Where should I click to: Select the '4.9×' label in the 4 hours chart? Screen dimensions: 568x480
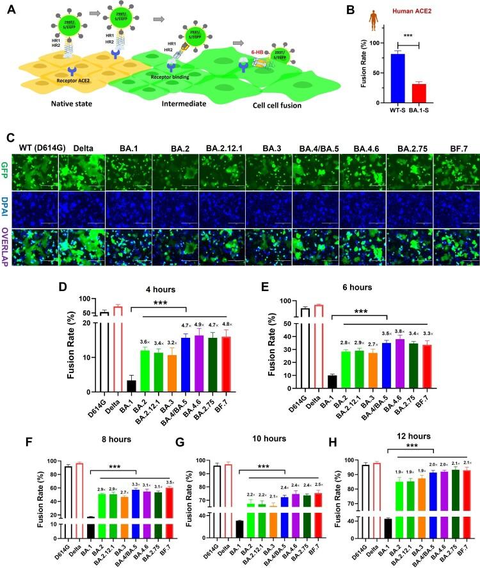[198, 325]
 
